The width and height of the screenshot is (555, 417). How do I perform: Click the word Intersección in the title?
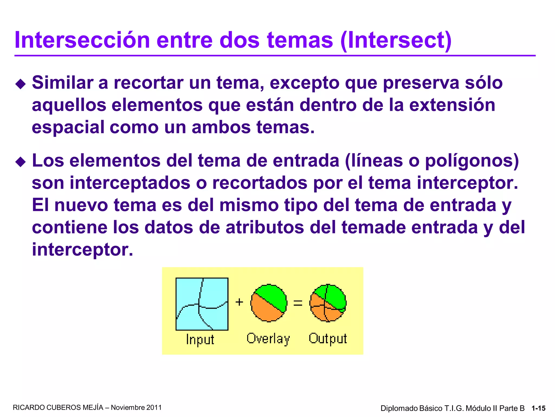(x=82, y=40)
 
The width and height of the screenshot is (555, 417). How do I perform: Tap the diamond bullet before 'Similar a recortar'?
(x=21, y=84)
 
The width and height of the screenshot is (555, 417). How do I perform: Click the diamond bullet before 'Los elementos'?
(x=21, y=162)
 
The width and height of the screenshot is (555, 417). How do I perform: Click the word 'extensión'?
(x=452, y=105)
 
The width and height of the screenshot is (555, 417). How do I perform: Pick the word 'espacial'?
(x=68, y=127)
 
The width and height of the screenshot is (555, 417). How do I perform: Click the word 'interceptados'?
(x=130, y=183)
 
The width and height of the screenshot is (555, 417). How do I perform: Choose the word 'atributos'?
(x=265, y=227)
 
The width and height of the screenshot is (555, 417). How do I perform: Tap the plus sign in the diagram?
(x=239, y=302)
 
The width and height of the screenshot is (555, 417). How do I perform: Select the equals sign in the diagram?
(x=298, y=303)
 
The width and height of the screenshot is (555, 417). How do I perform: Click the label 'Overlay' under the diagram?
(x=268, y=339)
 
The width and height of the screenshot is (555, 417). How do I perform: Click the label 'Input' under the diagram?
(x=200, y=340)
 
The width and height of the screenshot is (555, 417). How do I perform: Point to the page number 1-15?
(x=538, y=408)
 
